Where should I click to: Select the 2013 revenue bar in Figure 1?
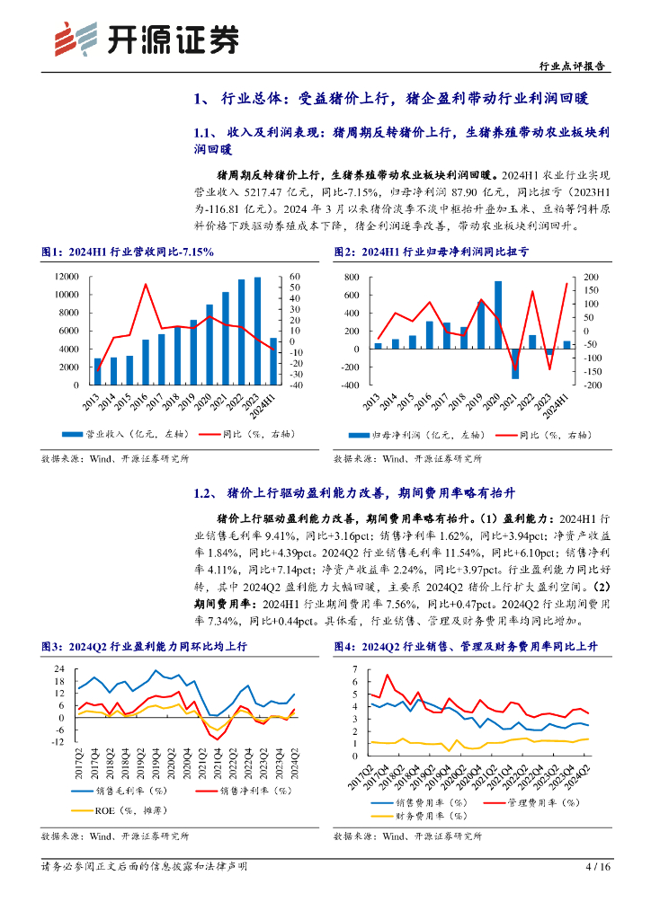tap(98, 371)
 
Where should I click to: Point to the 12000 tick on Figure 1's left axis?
tap(69, 277)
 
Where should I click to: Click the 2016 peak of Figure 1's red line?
tap(146, 285)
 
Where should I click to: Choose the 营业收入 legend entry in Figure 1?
tap(112, 435)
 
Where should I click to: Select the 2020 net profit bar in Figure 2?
tap(498, 314)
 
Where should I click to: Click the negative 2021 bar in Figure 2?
tap(515, 363)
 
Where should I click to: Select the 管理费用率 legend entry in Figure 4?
tap(521, 801)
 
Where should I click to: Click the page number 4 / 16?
tap(597, 868)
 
